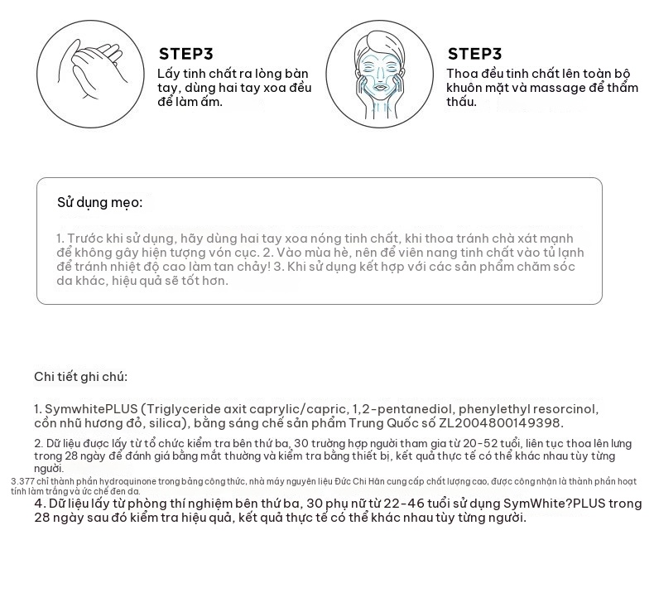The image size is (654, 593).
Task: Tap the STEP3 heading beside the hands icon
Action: click(x=186, y=54)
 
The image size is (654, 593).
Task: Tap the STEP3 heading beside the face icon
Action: click(x=475, y=54)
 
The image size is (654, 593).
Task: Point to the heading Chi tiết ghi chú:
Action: click(x=80, y=377)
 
